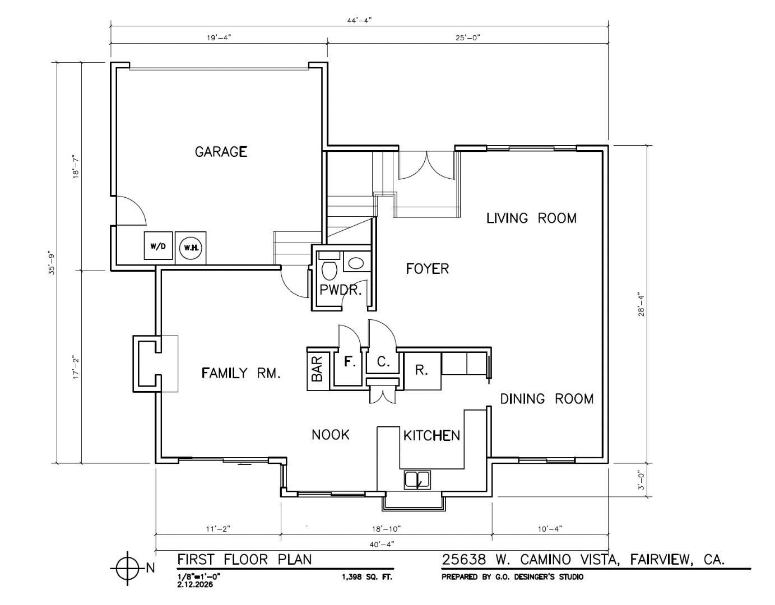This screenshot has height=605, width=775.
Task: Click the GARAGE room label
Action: coord(221,152)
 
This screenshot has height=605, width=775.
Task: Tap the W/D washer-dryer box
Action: coord(158,246)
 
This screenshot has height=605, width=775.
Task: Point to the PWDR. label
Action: coord(341,290)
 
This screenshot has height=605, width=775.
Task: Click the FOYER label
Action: coord(427,269)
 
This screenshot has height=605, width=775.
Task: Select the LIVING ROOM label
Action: coord(531,218)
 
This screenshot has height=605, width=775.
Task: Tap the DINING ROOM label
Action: coord(546,399)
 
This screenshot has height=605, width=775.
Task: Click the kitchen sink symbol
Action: coord(417,480)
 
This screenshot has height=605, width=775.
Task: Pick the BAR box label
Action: coord(318,370)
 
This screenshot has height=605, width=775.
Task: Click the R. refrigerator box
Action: coord(422,370)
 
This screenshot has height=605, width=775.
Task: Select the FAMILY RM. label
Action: coord(241,373)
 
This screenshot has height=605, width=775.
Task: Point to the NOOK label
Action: coord(331,435)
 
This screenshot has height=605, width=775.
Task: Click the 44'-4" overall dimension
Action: coord(359,20)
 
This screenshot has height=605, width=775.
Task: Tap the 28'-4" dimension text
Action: coord(641,304)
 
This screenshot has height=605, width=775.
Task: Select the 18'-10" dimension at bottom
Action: coord(386,528)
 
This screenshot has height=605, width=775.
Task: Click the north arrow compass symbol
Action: coord(128,568)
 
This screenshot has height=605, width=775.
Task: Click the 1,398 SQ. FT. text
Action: coord(367,576)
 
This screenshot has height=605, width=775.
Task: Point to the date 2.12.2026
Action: coord(195,584)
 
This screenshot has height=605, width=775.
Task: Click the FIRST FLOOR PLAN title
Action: coord(244,559)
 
